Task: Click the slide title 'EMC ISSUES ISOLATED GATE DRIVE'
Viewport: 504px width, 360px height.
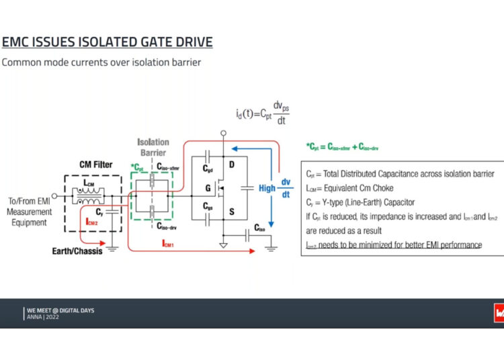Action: pyautogui.click(x=108, y=42)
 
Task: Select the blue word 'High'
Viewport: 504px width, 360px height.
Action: pyautogui.click(x=267, y=188)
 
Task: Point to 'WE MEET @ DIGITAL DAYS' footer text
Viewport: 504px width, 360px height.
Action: pyautogui.click(x=60, y=310)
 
